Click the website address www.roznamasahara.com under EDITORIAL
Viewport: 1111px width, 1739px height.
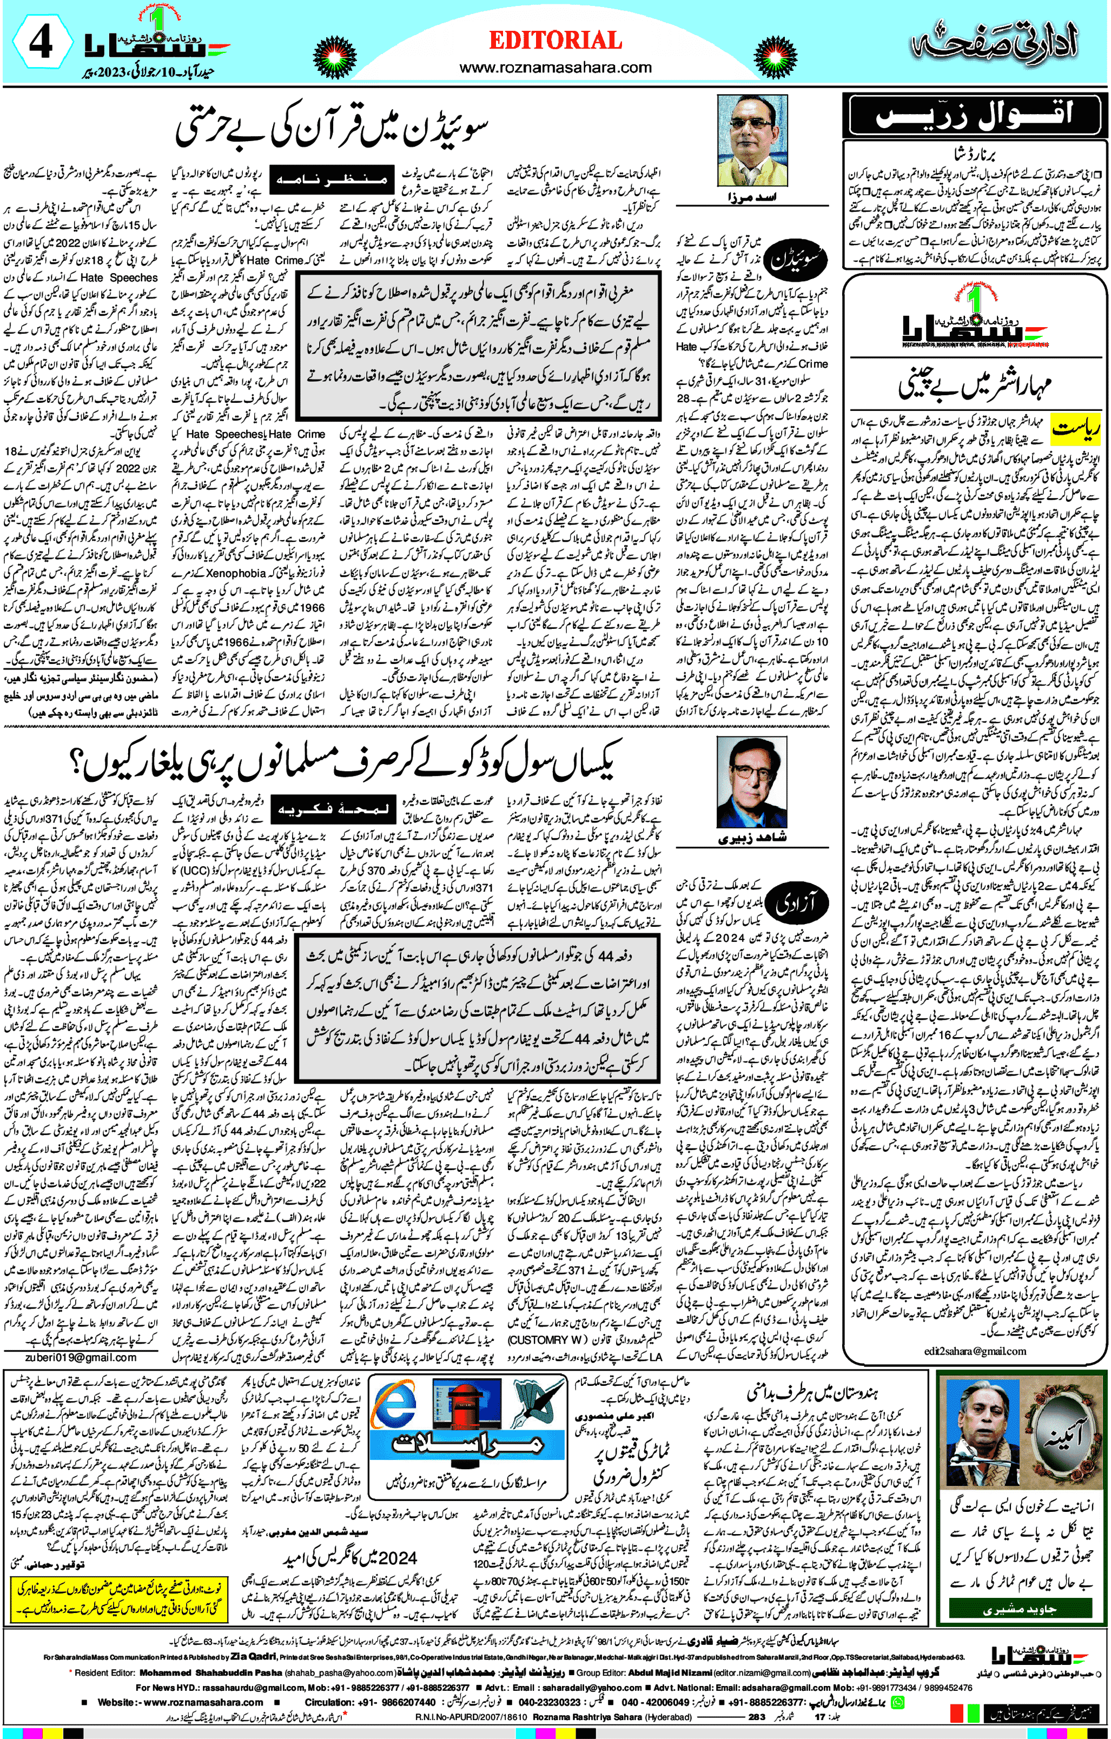(555, 67)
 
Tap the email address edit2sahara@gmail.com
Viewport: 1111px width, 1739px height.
(975, 1350)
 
